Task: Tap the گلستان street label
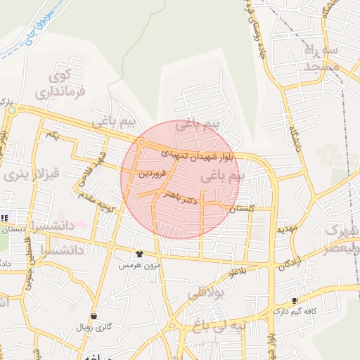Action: (240, 209)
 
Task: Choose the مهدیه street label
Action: (287, 229)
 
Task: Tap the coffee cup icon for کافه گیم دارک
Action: (294, 301)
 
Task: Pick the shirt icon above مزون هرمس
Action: (139, 254)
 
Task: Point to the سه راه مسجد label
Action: (323, 59)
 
